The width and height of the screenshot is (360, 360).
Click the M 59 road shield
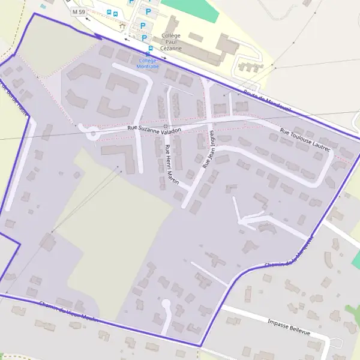click(x=78, y=11)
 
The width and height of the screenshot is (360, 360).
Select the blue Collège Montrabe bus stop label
click(x=148, y=64)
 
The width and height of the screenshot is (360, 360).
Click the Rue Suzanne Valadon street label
click(x=154, y=127)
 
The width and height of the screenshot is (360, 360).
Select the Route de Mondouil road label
click(x=268, y=100)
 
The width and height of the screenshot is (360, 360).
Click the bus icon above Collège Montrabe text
click(x=148, y=54)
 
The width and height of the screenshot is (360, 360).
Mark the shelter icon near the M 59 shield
click(x=123, y=26)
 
